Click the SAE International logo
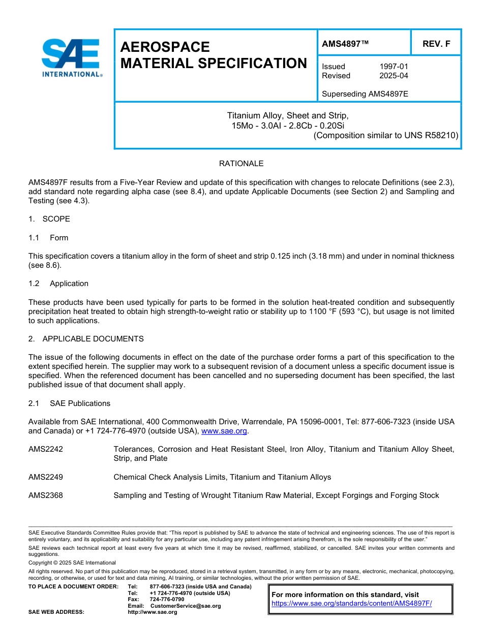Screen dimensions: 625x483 pyautogui.click(x=71, y=57)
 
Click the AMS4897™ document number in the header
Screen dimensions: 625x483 pyautogui.click(x=345, y=44)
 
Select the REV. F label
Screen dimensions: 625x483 pyautogui.click(x=436, y=44)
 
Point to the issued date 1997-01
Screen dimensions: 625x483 pyautogui.click(x=394, y=66)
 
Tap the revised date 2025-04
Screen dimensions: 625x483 pyautogui.click(x=394, y=76)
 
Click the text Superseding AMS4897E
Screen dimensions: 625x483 pyautogui.click(x=365, y=94)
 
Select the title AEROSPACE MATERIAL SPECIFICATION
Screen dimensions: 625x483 pyautogui.click(x=214, y=55)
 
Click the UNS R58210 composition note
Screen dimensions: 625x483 pyautogui.click(x=386, y=135)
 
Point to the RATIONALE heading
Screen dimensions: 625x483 pyautogui.click(x=241, y=164)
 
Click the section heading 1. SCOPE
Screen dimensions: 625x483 pyautogui.click(x=49, y=219)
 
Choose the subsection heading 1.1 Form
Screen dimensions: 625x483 pyautogui.click(x=48, y=238)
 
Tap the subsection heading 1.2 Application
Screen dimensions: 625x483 pyautogui.click(x=58, y=284)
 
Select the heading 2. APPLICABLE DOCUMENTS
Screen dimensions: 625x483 pyautogui.click(x=86, y=339)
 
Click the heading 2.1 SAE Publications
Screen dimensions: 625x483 pyautogui.click(x=69, y=403)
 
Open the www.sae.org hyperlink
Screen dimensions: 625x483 pyautogui.click(x=224, y=431)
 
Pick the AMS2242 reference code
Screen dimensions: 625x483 pyautogui.click(x=46, y=449)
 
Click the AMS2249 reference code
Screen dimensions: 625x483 pyautogui.click(x=46, y=477)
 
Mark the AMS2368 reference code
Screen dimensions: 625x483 pyautogui.click(x=46, y=495)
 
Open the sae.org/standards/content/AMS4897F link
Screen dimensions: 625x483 pyautogui.click(x=351, y=604)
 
